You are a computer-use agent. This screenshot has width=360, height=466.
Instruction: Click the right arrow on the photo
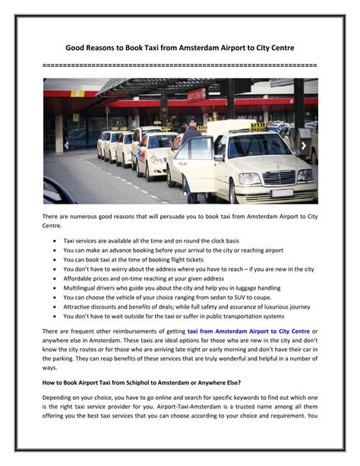(304, 144)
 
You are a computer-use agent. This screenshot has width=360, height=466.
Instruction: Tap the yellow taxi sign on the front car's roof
(258, 126)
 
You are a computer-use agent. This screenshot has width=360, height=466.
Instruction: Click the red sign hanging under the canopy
(196, 95)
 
